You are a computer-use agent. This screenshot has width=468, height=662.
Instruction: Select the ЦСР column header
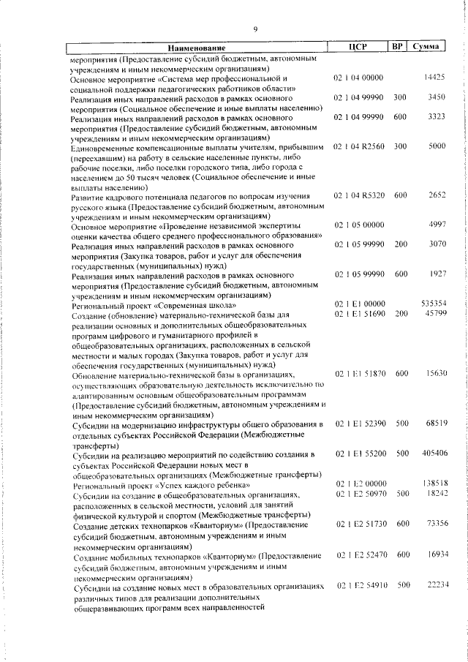[358, 47]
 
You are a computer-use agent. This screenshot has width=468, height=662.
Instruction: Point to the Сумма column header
[426, 47]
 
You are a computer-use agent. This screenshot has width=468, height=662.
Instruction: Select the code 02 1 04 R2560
[358, 147]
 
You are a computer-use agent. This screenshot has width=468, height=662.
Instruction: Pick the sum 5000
[437, 147]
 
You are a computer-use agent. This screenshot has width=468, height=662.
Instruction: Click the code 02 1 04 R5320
[358, 197]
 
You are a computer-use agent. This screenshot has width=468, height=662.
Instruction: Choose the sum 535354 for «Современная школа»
[434, 303]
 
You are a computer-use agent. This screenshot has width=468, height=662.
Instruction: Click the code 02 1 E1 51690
[358, 313]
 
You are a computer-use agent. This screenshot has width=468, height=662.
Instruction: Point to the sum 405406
[434, 454]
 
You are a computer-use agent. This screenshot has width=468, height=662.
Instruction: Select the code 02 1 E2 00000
[358, 484]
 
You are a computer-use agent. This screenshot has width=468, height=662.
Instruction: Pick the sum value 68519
[435, 424]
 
